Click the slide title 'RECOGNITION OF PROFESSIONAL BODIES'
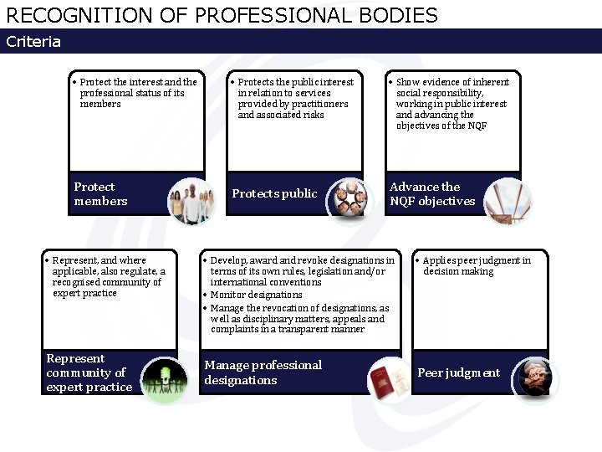pos(222,15)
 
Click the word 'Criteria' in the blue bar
pos(33,42)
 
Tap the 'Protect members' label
pos(100,194)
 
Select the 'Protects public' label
pos(274,194)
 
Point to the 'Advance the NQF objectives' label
pos(431,194)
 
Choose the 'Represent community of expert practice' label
pos(89,372)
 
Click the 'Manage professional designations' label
pos(263,372)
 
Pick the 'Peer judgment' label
pos(458,373)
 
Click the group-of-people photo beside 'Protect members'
pos(191,201)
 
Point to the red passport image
pos(387,381)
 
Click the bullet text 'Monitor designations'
pos(256,295)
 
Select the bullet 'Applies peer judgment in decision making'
pos(476,266)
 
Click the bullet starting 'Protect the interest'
pos(138,93)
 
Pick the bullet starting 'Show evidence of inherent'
pos(451,104)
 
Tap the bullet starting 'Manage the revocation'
pos(298,319)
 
